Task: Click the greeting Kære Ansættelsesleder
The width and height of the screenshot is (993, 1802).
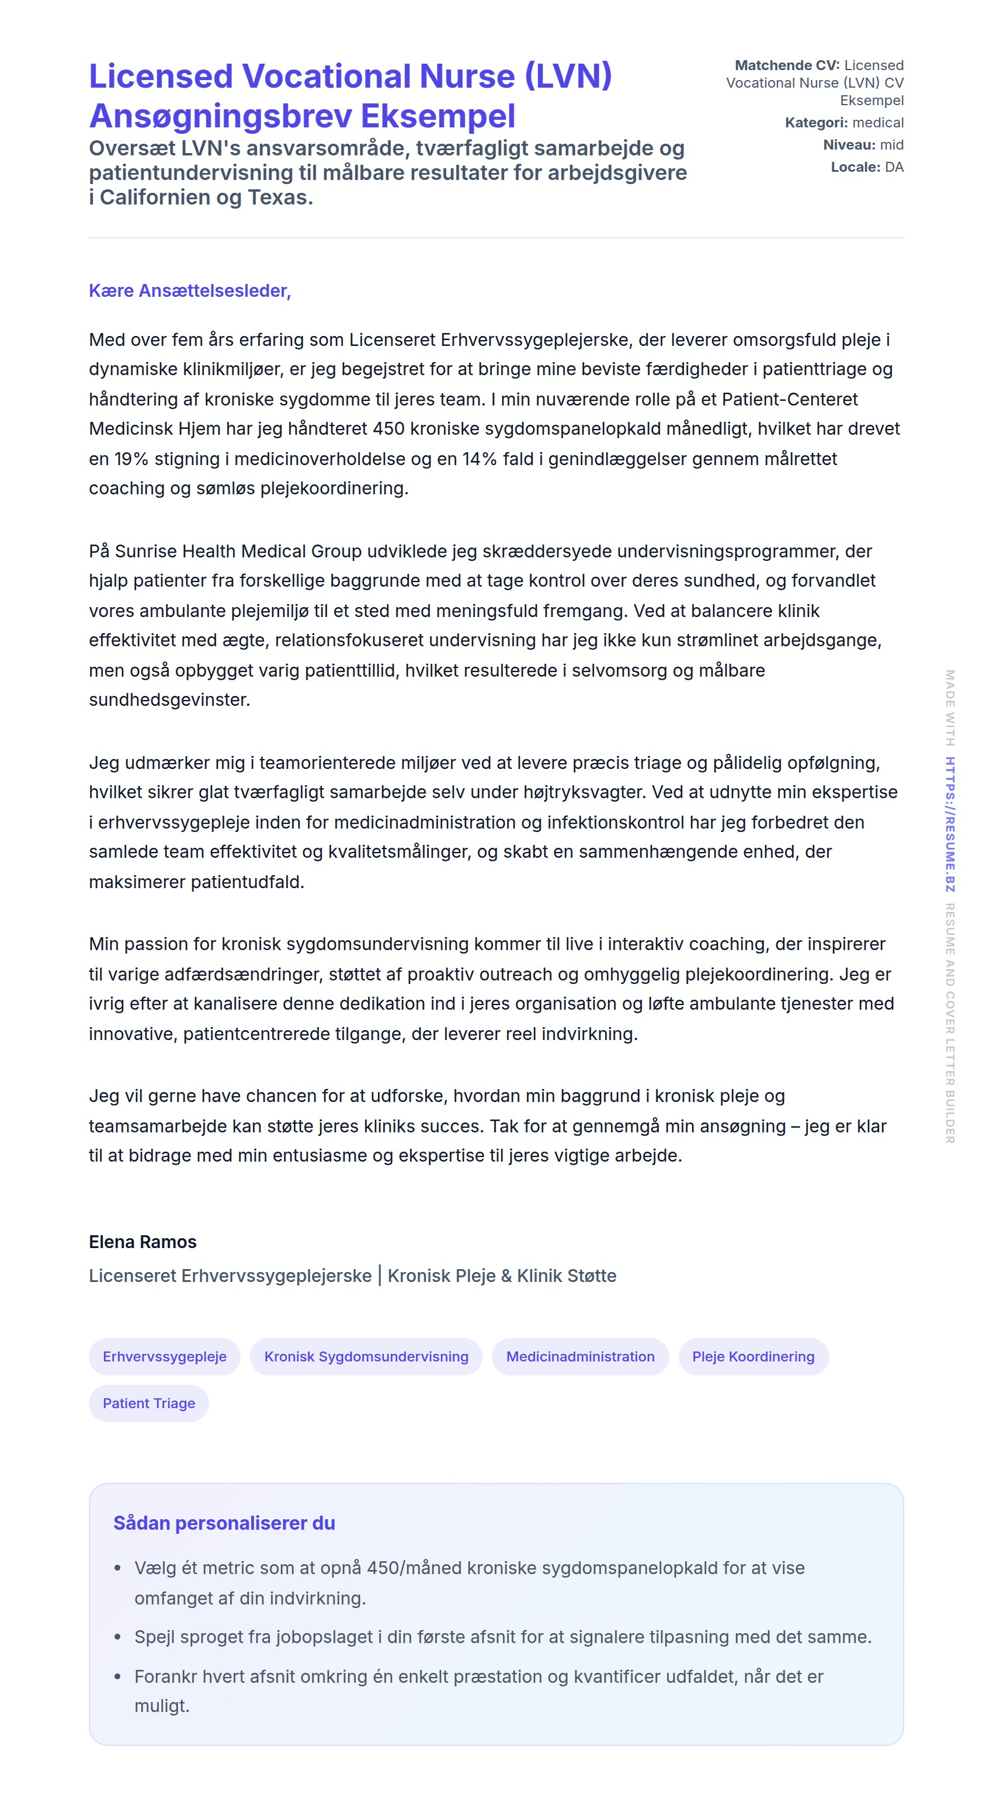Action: click(189, 290)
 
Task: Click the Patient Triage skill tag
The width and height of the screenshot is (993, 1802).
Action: click(149, 1404)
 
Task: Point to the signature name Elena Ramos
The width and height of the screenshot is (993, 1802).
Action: click(143, 1242)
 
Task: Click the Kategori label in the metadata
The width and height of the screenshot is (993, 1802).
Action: click(815, 123)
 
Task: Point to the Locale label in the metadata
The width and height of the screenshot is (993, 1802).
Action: click(855, 167)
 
